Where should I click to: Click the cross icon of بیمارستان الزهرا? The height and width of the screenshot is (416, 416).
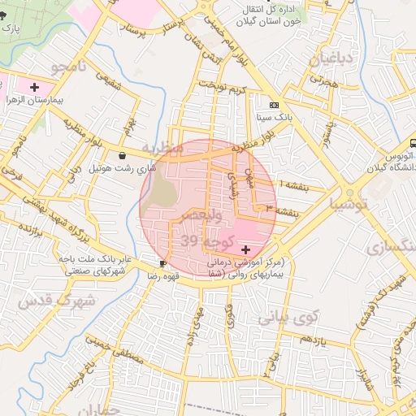pyautogui.click(x=33, y=86)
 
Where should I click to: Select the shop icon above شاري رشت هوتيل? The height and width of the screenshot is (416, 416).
pyautogui.click(x=122, y=154)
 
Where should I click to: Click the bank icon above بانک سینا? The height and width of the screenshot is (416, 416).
pyautogui.click(x=275, y=105)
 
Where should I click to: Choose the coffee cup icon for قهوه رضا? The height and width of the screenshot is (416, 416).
pyautogui.click(x=163, y=264)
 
